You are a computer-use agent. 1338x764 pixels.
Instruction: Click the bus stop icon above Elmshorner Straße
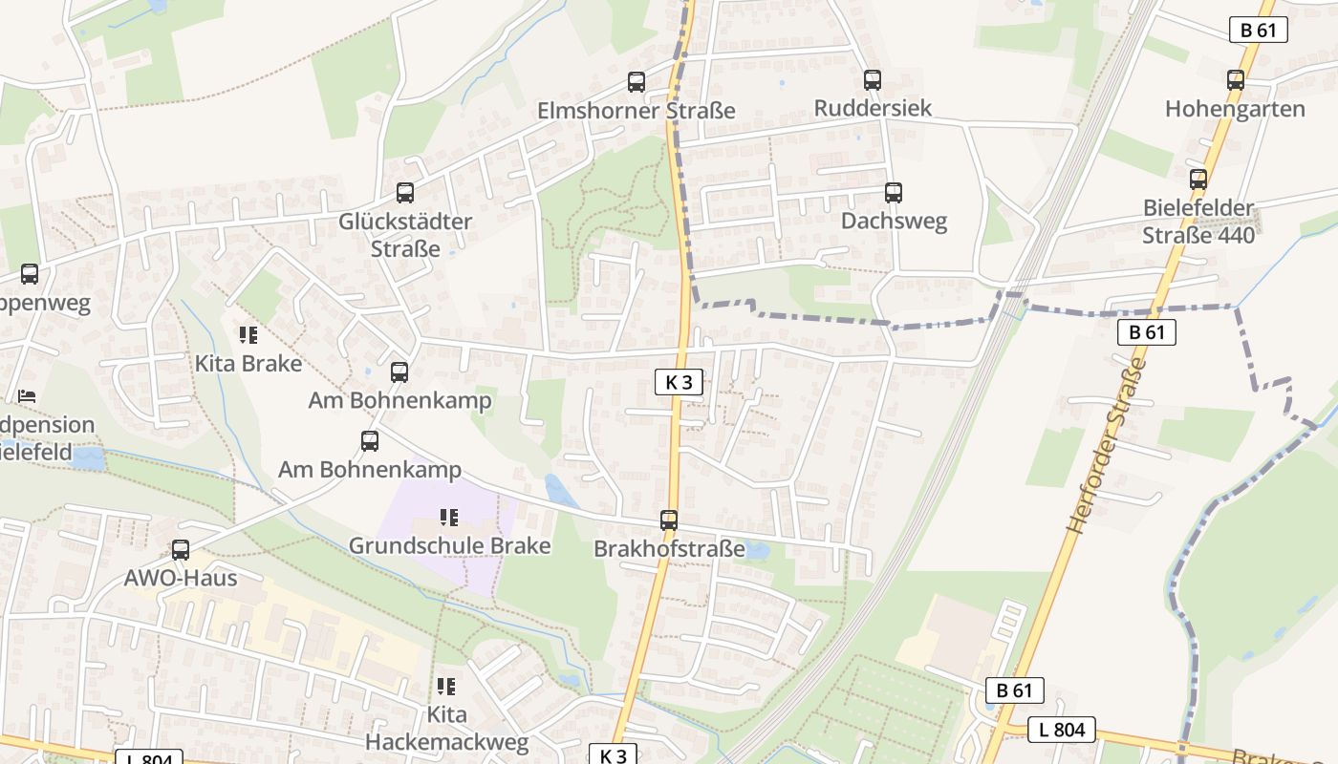(637, 82)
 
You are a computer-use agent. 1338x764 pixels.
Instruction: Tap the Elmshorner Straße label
(637, 111)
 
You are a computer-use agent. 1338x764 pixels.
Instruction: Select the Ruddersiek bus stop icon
(873, 80)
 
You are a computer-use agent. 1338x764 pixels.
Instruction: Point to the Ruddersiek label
(873, 108)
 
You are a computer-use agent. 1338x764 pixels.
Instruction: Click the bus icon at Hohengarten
(1236, 80)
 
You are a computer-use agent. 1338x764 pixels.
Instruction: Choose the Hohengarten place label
(1235, 109)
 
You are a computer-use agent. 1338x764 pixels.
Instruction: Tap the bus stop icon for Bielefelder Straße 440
(1198, 180)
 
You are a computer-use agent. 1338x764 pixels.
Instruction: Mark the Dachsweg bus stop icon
(894, 193)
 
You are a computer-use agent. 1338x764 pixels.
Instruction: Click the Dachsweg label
(894, 222)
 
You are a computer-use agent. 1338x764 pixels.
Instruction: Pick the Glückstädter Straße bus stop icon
(405, 193)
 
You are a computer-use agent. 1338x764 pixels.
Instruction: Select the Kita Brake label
(248, 364)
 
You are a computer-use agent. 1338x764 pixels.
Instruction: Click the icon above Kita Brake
(248, 335)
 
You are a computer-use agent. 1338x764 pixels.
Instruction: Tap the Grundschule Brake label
(449, 546)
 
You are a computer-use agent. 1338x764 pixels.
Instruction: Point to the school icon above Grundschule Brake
(449, 518)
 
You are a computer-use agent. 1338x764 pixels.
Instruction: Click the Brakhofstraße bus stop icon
(669, 520)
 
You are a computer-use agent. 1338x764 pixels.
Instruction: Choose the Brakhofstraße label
(669, 549)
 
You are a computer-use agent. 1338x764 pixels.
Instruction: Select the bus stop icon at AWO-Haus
(181, 550)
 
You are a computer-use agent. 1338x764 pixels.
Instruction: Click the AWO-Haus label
(181, 578)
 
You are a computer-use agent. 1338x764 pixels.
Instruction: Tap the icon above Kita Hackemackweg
(446, 687)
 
